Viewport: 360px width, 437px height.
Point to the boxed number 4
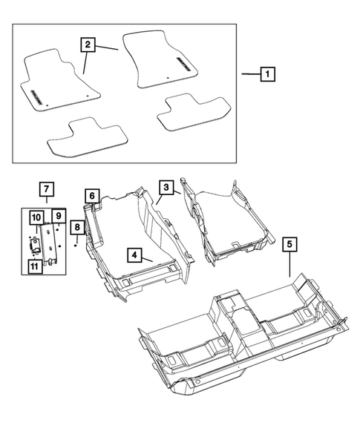point(134,255)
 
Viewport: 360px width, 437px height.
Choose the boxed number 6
point(91,196)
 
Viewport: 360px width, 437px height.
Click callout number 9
point(58,217)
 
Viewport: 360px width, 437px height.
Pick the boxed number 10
point(36,217)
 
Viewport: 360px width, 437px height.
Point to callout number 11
point(35,266)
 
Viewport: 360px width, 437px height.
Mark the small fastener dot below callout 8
point(76,246)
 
